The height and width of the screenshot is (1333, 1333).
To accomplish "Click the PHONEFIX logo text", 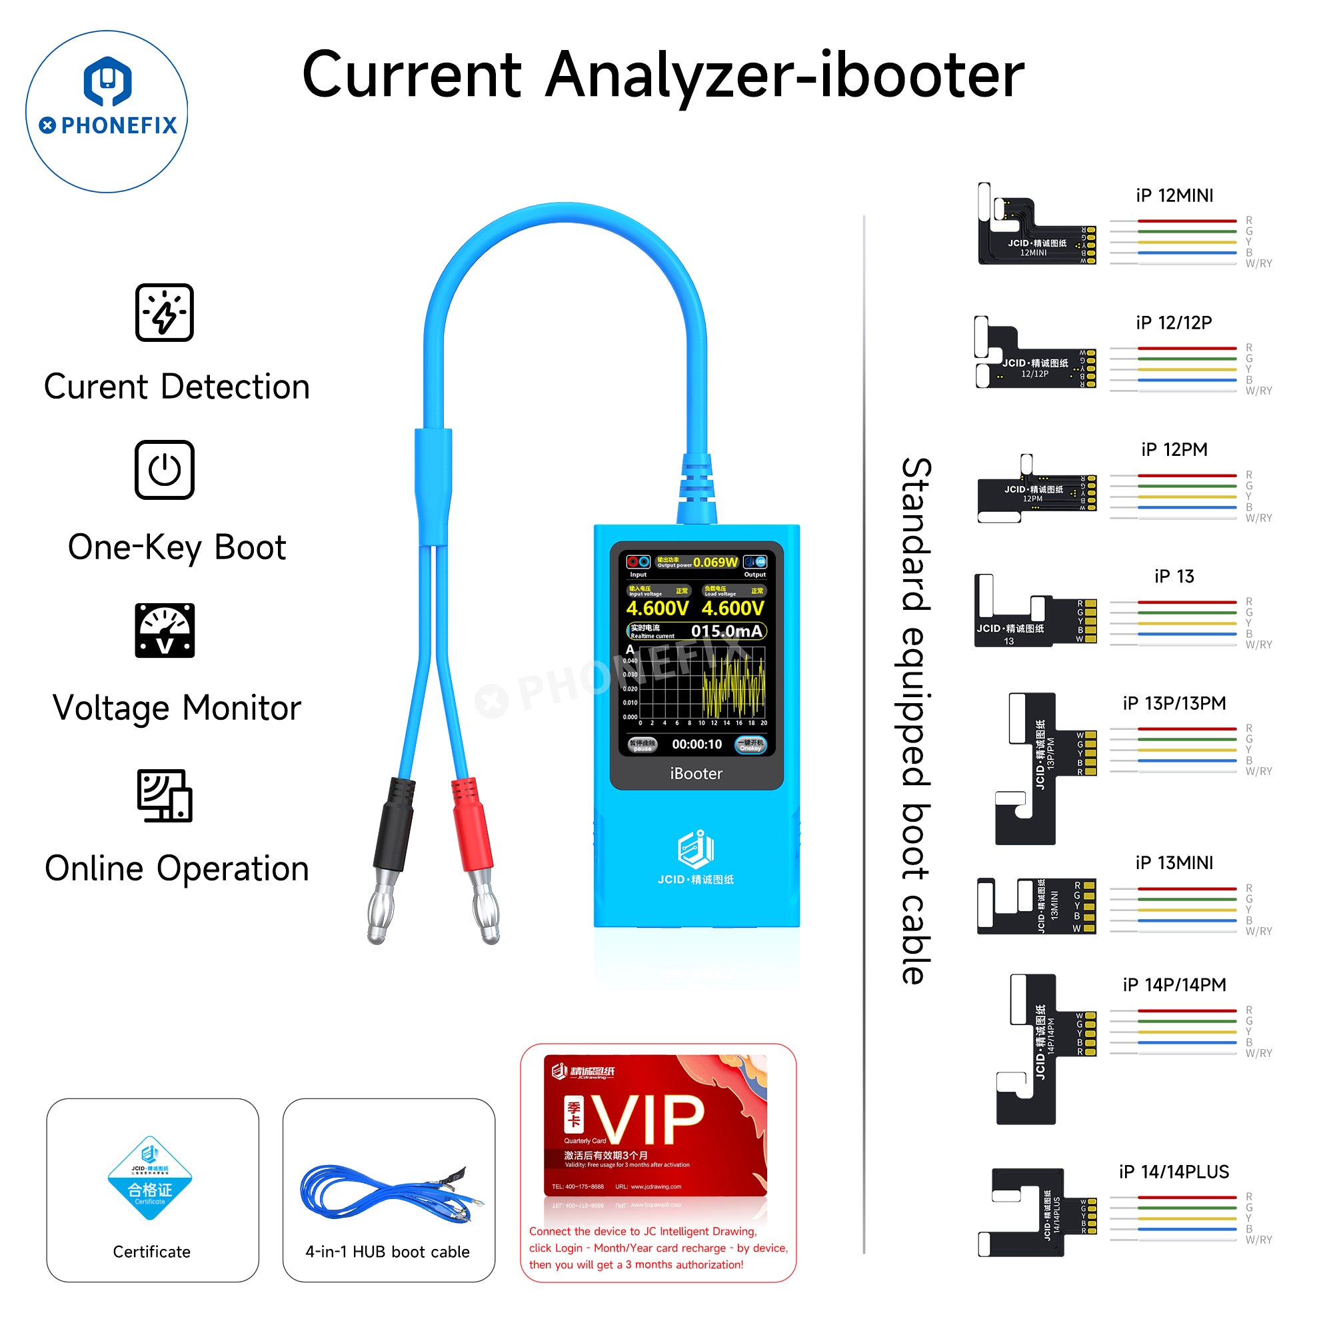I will point(119,125).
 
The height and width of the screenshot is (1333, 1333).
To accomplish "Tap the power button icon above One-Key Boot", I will point(164,470).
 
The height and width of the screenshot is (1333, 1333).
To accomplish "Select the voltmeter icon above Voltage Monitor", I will point(164,631).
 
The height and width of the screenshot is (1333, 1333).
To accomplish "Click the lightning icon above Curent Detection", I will point(164,313).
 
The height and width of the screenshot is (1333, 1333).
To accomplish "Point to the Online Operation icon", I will point(164,796).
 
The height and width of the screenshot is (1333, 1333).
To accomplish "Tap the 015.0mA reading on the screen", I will point(726,631).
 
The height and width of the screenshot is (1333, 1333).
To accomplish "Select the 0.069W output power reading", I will point(715,563).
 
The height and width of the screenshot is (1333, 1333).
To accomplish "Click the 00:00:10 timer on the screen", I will point(697,744).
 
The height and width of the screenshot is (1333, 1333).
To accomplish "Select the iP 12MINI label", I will point(1174,196).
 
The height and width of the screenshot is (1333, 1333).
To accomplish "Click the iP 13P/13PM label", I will point(1174,703).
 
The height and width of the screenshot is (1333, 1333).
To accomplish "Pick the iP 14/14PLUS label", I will point(1174,1172).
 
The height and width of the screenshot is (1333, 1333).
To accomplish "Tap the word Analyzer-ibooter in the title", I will point(785,75).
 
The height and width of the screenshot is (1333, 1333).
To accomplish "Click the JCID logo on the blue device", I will point(695,849).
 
